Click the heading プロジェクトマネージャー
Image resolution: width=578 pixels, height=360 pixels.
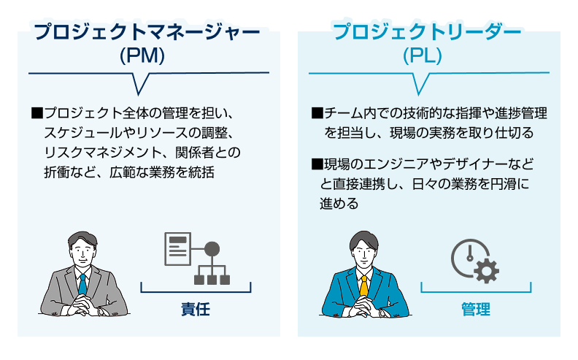pos(147,33)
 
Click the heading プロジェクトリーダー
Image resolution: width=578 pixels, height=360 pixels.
pos(427,33)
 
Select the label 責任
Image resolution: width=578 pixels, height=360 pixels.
pos(195,309)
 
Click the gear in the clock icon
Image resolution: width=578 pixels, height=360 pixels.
pos(487,271)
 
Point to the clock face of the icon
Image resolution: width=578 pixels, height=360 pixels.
pos(468,256)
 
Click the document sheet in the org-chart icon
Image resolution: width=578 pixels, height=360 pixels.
pos(176,249)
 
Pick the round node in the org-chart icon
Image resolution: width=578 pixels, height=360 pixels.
pos(212,248)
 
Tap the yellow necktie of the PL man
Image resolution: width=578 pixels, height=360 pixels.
pos(364,286)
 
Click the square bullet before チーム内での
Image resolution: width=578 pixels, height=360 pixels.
pos(317,114)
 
